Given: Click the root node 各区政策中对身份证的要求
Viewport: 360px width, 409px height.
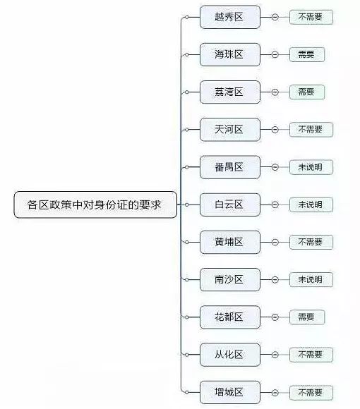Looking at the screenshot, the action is coord(95,204).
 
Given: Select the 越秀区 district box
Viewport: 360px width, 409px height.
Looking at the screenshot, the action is coord(230,17).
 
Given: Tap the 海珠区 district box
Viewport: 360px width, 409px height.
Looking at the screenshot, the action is coord(230,54).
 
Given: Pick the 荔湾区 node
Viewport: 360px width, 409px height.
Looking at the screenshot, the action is coord(230,92).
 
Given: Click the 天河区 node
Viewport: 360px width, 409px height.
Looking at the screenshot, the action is coord(230,130).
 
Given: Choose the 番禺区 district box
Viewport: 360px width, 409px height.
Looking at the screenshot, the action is coord(230,167).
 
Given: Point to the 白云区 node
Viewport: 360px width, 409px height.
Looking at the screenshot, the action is coord(230,204).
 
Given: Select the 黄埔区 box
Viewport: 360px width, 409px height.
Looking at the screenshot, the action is coord(230,242).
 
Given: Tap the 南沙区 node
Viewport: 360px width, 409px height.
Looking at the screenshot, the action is coord(230,280).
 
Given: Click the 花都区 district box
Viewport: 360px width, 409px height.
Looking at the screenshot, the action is coord(230,317).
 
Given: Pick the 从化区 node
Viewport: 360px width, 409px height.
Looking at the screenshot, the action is coord(230,355).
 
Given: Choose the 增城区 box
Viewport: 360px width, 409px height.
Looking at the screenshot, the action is coord(230,392).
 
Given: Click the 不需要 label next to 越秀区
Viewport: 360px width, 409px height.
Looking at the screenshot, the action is coord(311,17).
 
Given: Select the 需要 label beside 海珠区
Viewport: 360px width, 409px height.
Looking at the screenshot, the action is coord(307,54).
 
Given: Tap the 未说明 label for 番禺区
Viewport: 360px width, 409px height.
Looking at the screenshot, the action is coord(311,167).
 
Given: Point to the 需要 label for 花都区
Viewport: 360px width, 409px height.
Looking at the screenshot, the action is coord(307,317).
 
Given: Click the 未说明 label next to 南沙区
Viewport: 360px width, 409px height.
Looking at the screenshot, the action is coord(311,280).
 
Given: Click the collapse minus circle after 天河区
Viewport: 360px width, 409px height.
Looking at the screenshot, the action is coord(275,130).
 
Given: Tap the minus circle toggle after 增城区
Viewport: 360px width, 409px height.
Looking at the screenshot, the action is coord(275,392).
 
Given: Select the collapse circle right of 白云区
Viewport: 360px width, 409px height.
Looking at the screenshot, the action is coord(275,204).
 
